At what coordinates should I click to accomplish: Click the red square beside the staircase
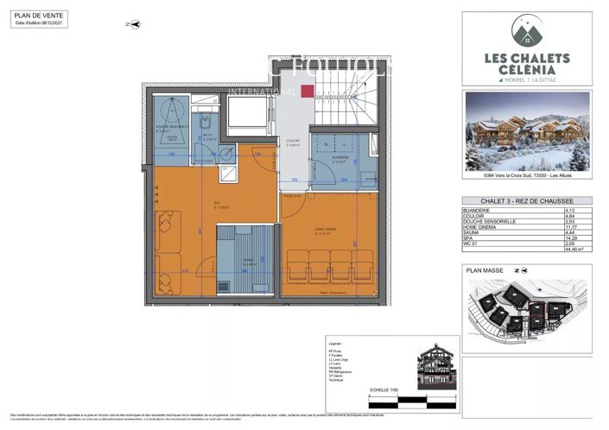[308, 91]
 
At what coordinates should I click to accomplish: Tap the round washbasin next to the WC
[225, 154]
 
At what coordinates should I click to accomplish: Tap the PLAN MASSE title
[483, 270]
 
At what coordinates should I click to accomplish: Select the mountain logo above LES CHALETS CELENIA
[528, 32]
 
